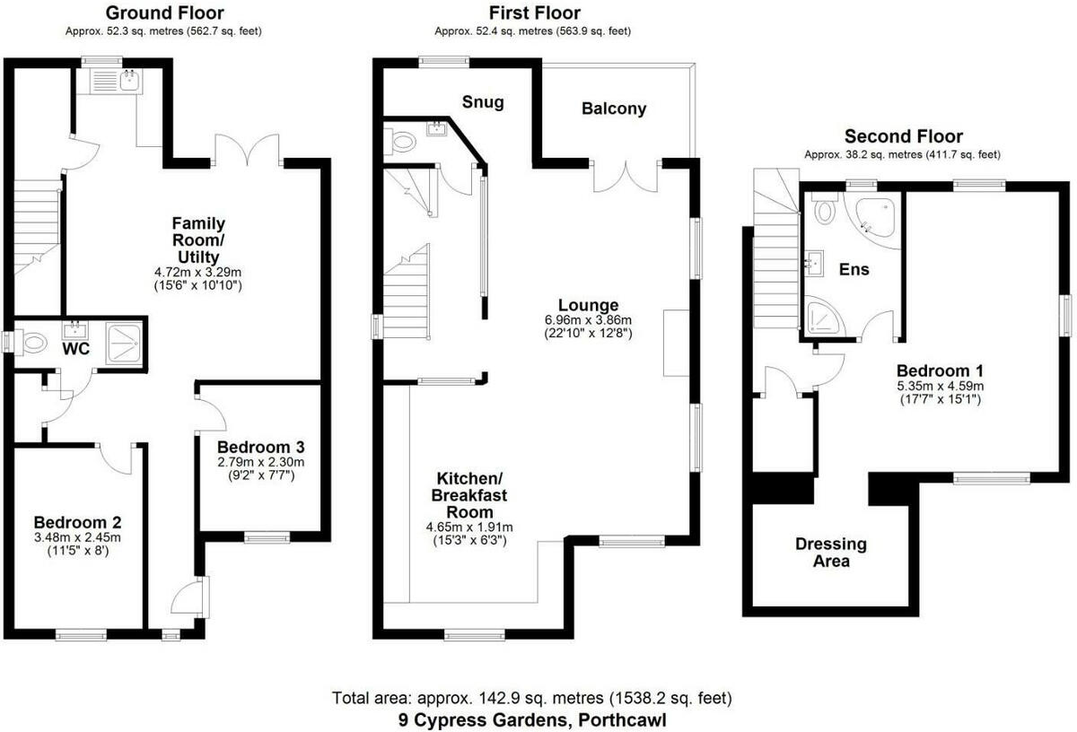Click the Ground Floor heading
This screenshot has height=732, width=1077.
point(164,13)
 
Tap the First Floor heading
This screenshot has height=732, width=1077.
point(534,13)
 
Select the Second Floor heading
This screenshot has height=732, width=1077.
point(903,136)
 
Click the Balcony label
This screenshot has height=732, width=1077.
point(614,109)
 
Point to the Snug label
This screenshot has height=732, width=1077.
point(484,101)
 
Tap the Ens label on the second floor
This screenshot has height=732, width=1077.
point(854,269)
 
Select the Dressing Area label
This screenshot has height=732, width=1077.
point(830,553)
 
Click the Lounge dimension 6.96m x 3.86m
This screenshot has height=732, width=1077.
point(588,320)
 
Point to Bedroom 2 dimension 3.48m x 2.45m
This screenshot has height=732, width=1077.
point(77,537)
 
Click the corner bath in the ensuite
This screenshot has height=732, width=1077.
point(876,218)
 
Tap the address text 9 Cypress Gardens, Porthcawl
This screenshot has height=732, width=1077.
point(533,719)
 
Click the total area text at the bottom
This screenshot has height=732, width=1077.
point(532,698)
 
